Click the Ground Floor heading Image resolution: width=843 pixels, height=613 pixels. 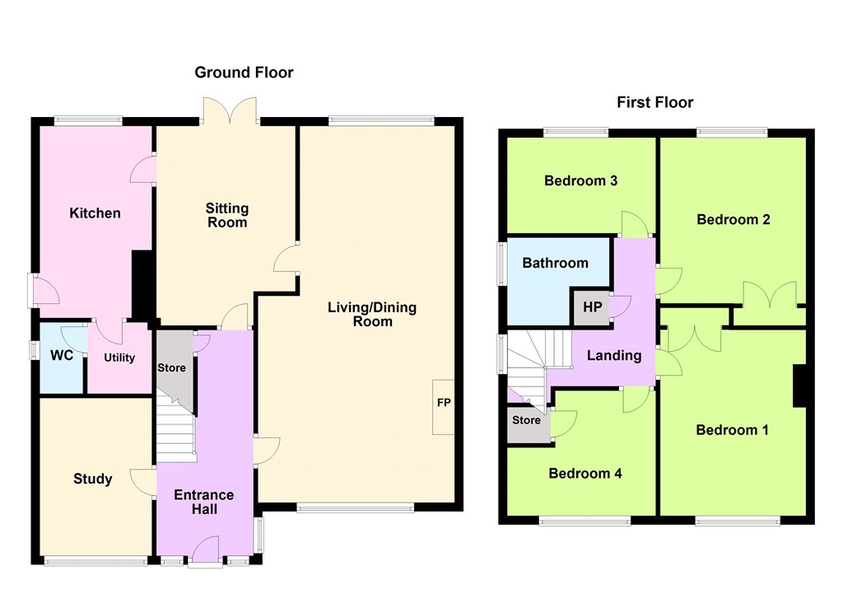(244, 73)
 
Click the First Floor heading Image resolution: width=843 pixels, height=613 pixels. (654, 102)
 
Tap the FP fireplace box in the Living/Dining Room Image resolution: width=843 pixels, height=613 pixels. (444, 407)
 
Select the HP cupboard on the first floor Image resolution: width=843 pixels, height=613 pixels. (592, 307)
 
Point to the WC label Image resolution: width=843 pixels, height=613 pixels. (61, 355)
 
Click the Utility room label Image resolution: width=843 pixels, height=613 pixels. (119, 358)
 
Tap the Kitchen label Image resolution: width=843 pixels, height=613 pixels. (95, 213)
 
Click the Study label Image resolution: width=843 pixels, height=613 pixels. (92, 479)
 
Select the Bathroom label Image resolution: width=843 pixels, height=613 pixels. (556, 263)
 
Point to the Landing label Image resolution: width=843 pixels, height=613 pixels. (614, 356)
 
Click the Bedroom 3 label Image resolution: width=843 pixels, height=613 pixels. (580, 180)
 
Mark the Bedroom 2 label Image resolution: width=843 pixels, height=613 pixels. (734, 220)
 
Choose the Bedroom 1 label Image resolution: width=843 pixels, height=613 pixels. (732, 430)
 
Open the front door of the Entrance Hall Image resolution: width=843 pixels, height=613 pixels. (205, 550)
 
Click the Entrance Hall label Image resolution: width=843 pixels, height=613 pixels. (204, 502)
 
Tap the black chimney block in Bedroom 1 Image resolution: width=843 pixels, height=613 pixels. (800, 386)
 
